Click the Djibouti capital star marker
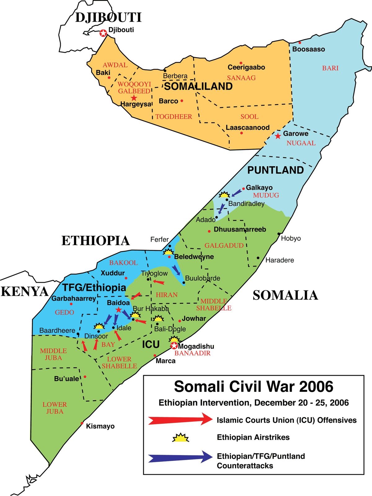pos(103,33)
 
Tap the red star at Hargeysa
pos(134,98)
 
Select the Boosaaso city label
pos(308,49)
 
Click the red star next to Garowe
pos(278,135)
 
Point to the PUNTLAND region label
pos(275,170)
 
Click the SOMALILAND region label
pos(198,86)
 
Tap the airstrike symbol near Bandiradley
pos(224,195)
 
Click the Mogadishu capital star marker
pos(174,346)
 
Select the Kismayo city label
pos(100,426)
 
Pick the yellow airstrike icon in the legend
pos(180,438)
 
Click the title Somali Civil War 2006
pos(254,387)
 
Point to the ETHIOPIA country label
pos(95,241)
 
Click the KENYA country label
pos(25,292)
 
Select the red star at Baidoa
pos(118,310)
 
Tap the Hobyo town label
pos(291,238)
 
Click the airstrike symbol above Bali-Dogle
pos(158,319)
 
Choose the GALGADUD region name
pos(224,246)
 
